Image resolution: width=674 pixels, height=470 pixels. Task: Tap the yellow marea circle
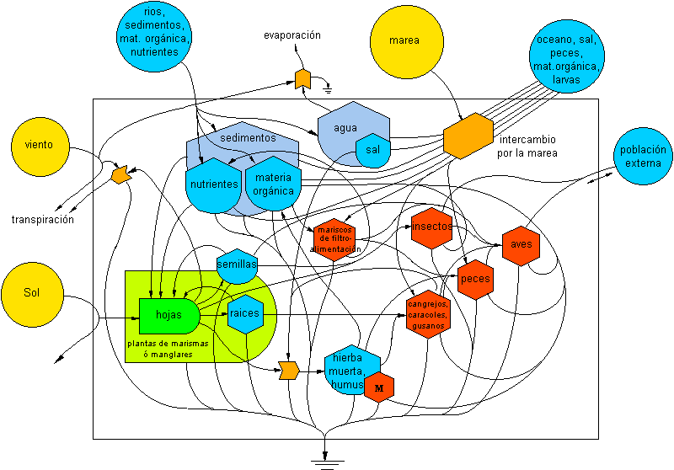coord(404,40)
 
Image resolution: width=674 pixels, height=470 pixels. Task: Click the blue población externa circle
coord(643,157)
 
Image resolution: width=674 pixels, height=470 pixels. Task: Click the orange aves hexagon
coord(520,245)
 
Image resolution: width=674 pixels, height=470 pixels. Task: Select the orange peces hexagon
coord(475,279)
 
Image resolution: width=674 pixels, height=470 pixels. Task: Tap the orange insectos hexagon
coord(432,227)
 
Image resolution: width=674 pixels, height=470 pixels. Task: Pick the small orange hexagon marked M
coord(378,387)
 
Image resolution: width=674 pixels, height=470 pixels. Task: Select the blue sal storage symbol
coord(372,149)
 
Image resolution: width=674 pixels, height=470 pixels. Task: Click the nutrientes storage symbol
coord(213,185)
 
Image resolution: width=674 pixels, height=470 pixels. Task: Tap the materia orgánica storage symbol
coord(273,186)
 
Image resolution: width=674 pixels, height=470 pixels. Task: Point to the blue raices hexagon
coord(244,313)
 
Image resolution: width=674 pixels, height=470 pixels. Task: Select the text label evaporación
coord(292,36)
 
